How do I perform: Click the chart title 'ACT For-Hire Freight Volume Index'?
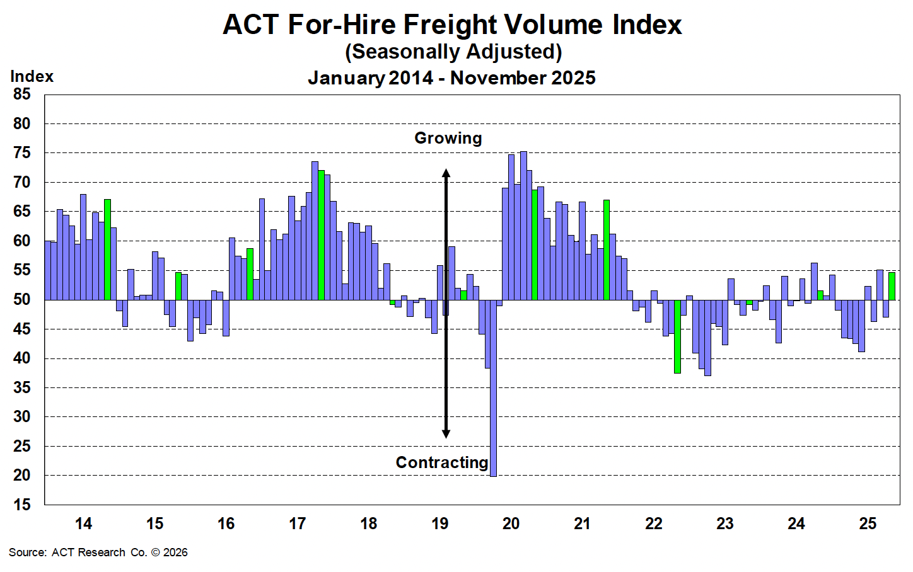[x=452, y=25]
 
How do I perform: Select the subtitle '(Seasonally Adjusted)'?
[x=453, y=52]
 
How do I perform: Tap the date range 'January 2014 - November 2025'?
[x=451, y=78]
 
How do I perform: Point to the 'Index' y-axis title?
[x=32, y=77]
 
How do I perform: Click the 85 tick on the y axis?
[x=21, y=94]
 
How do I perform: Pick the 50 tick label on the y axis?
[x=21, y=300]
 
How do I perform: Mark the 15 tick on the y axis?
[x=21, y=505]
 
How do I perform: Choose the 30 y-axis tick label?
[x=21, y=417]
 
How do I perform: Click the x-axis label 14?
[x=83, y=523]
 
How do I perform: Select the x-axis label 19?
[x=439, y=523]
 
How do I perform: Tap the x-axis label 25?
[x=868, y=523]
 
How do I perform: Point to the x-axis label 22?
[x=654, y=523]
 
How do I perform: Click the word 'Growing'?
[x=448, y=138]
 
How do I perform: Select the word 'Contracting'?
[x=441, y=462]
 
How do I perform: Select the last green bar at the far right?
[x=892, y=286]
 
